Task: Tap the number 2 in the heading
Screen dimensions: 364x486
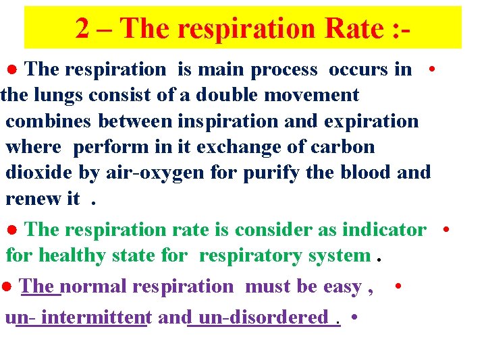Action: pos(82,28)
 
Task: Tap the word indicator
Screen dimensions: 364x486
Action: pos(384,229)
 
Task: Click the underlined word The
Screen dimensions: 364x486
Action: pos(40,286)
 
